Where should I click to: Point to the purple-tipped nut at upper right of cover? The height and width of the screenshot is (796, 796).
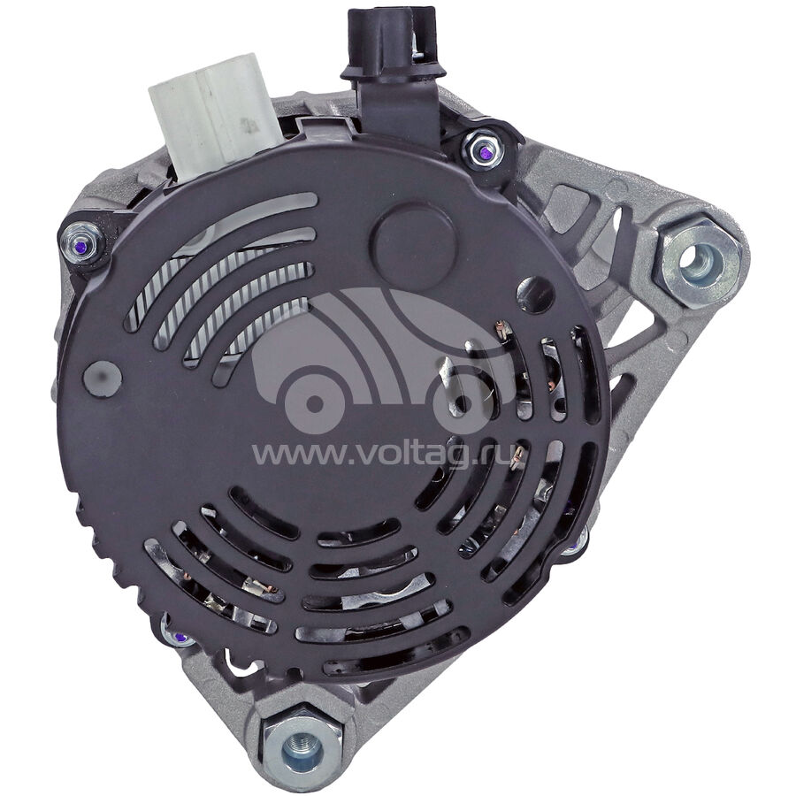[482, 150]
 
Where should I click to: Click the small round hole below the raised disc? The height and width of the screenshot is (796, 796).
[535, 295]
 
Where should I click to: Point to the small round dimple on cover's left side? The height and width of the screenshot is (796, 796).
[103, 379]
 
